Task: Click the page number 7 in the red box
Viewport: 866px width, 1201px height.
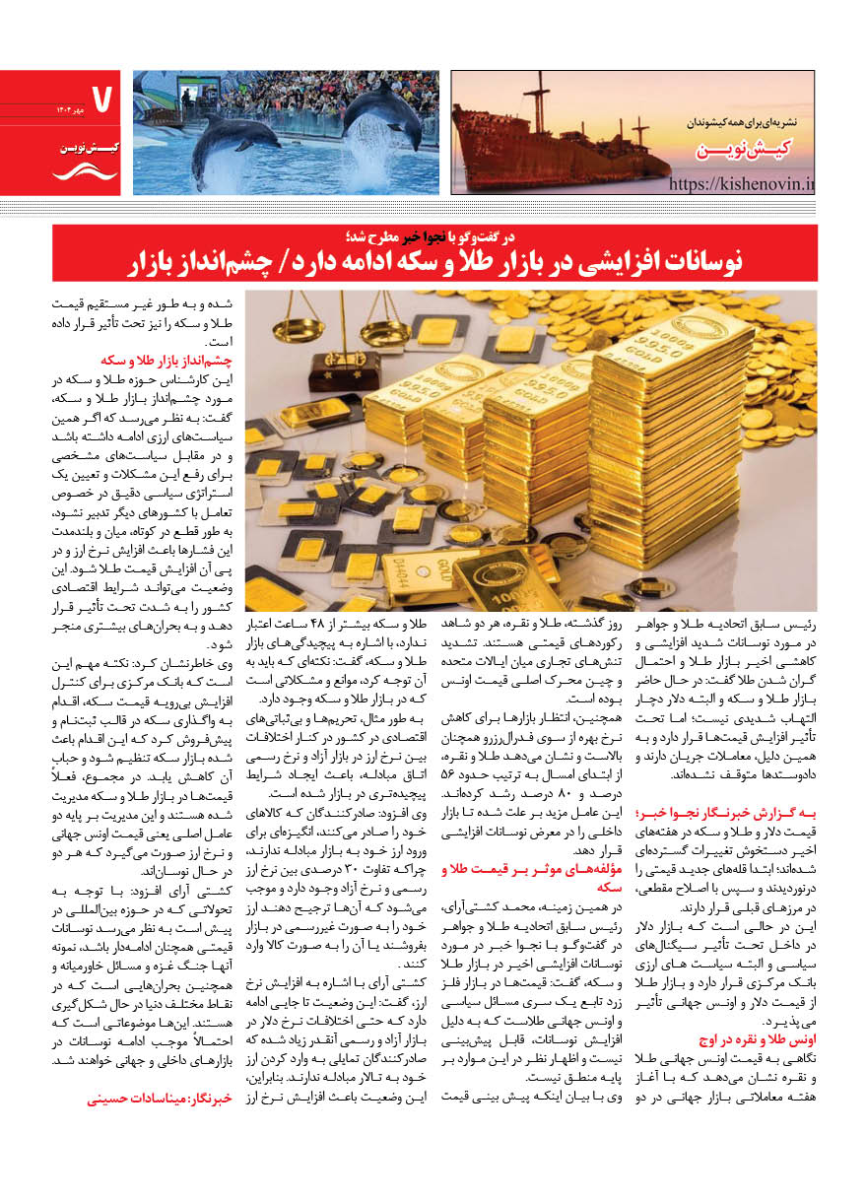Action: pos(100,98)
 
